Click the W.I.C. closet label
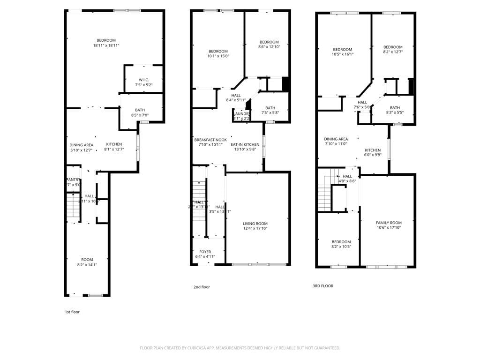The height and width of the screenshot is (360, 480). [143, 79]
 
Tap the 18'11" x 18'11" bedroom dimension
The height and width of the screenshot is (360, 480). [106, 45]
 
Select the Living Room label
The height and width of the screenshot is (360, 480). [255, 224]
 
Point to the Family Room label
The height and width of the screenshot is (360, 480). [389, 223]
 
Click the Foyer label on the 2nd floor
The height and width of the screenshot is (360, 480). [205, 252]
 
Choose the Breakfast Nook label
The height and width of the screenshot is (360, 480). [210, 140]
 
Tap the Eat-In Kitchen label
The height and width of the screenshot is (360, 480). [245, 145]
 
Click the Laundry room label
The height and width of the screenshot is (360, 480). [241, 113]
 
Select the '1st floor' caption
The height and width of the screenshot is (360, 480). [72, 312]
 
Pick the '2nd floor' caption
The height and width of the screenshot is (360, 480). [202, 287]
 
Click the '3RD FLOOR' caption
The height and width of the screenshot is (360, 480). [323, 285]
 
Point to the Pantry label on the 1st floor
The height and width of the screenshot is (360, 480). [73, 180]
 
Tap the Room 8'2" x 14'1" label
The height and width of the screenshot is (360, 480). [87, 260]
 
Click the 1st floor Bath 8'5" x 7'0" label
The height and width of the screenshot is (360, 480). [140, 110]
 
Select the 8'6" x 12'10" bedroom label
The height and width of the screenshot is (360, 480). [269, 42]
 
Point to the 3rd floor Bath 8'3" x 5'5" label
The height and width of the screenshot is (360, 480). [395, 108]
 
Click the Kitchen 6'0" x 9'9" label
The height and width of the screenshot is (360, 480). [373, 150]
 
